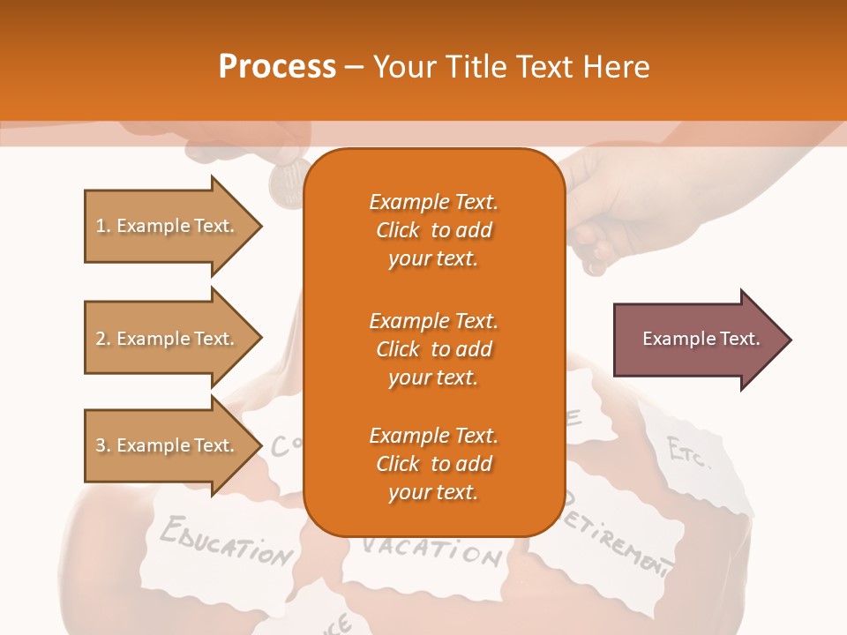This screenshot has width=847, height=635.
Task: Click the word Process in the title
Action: click(277, 67)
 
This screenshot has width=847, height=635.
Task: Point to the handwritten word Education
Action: click(225, 540)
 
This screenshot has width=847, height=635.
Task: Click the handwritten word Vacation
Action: click(432, 550)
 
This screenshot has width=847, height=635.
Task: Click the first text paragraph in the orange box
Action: click(433, 230)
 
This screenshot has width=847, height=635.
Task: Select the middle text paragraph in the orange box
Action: click(433, 348)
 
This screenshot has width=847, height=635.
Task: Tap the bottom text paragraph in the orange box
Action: click(433, 463)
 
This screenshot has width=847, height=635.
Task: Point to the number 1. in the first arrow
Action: click(103, 226)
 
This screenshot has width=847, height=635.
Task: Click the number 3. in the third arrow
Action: click(103, 445)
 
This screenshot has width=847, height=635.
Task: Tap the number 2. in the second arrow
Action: click(103, 339)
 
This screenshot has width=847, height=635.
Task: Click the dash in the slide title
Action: click(355, 67)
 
